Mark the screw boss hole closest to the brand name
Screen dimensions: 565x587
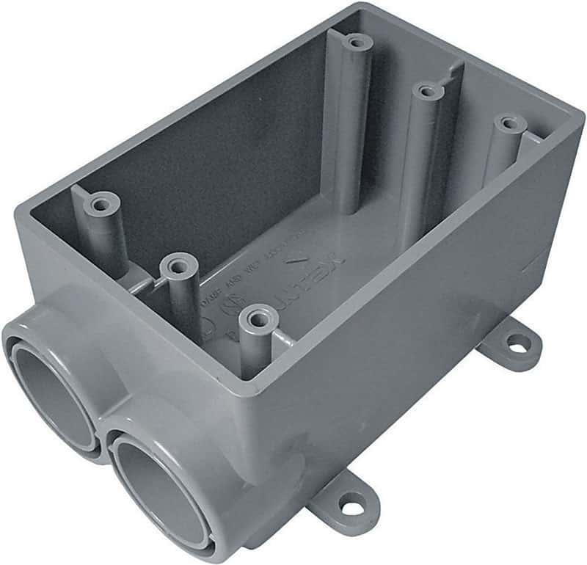tap(257, 317)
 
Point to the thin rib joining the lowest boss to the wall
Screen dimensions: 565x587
tap(283, 337)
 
